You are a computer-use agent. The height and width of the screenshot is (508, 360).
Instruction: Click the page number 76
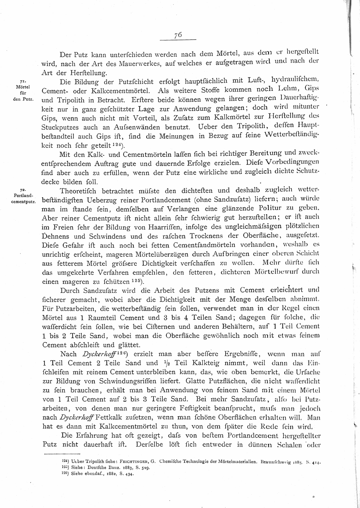(x=178, y=35)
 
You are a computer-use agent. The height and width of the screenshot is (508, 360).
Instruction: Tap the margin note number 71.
(x=22, y=81)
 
